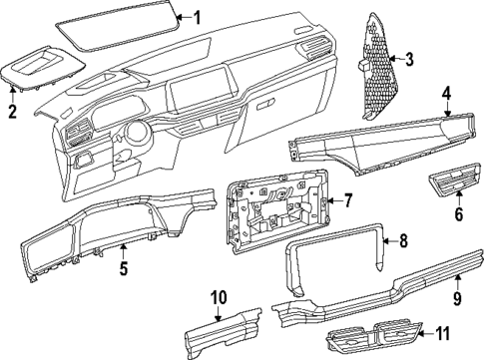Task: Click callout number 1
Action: coord(196,16)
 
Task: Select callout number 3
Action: coord(408,60)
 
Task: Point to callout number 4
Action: coord(448,95)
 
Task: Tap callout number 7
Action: coord(348,200)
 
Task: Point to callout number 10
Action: coord(221,297)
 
